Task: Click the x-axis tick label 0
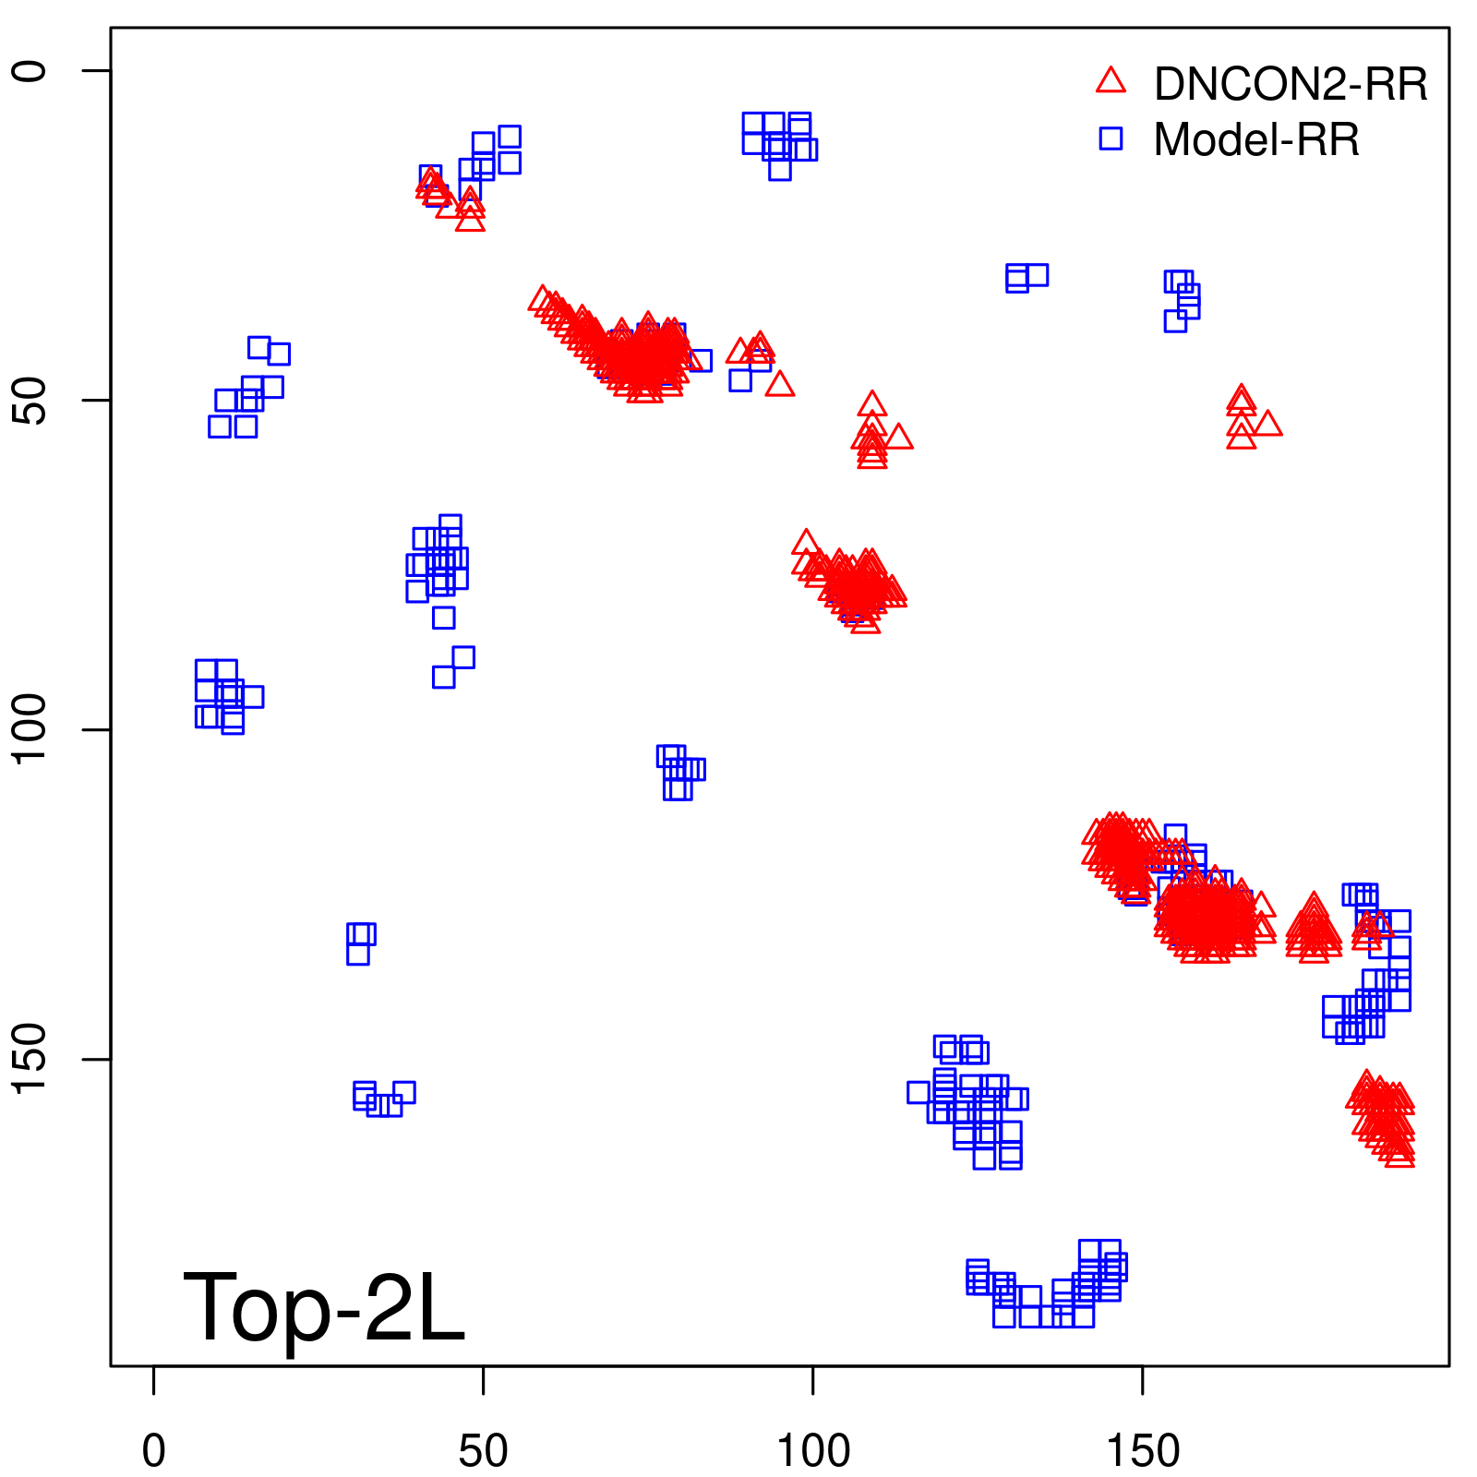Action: pos(154,1451)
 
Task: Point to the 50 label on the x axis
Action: pos(483,1451)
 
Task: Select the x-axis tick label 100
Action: pos(812,1451)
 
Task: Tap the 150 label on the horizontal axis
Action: pos(1142,1451)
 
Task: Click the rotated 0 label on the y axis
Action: pos(30,71)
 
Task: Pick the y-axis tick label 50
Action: pos(30,401)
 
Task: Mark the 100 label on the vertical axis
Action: pos(30,729)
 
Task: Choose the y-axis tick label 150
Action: pos(30,1059)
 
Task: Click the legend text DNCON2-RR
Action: pos(1291,85)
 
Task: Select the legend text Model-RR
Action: pos(1256,140)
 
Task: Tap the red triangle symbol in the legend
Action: pos(1111,81)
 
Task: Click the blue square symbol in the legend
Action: pos(1111,138)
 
